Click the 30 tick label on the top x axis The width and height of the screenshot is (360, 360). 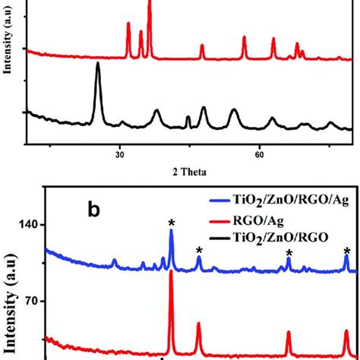pyautogui.click(x=119, y=153)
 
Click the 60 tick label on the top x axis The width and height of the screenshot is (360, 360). pyautogui.click(x=259, y=153)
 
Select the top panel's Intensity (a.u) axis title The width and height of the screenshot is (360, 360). pyautogui.click(x=8, y=46)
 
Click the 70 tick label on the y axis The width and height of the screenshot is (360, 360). pyautogui.click(x=28, y=301)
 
